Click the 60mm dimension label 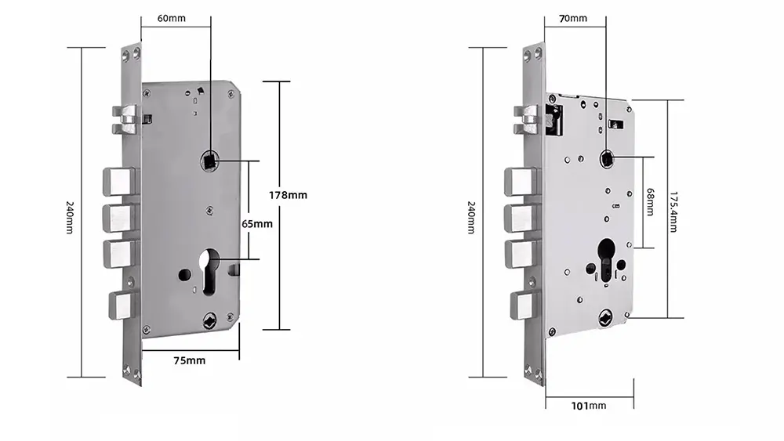(x=172, y=19)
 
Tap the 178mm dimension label (x=288, y=195)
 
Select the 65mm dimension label (x=257, y=224)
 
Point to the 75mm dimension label (x=190, y=360)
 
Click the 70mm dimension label (x=573, y=19)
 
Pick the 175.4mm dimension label (x=673, y=211)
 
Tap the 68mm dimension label (x=650, y=202)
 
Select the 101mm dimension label (x=589, y=406)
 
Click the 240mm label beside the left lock (x=70, y=217)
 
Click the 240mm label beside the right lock (x=471, y=217)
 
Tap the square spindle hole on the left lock (x=209, y=161)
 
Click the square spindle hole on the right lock (x=607, y=159)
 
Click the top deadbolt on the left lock (x=121, y=181)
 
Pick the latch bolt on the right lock (x=526, y=121)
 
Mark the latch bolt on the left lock (x=125, y=120)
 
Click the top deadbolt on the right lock (x=522, y=181)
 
